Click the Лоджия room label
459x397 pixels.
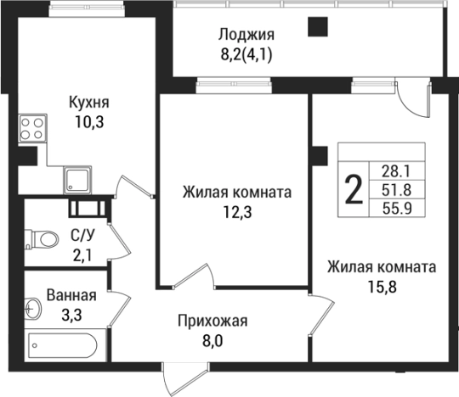(246, 35)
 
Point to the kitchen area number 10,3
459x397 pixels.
(89, 120)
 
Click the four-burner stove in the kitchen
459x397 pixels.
(32, 127)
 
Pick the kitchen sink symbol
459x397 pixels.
(81, 180)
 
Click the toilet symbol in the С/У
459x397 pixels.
(42, 238)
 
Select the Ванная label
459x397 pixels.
(71, 296)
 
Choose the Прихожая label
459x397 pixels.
(212, 321)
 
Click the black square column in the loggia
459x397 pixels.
(317, 28)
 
